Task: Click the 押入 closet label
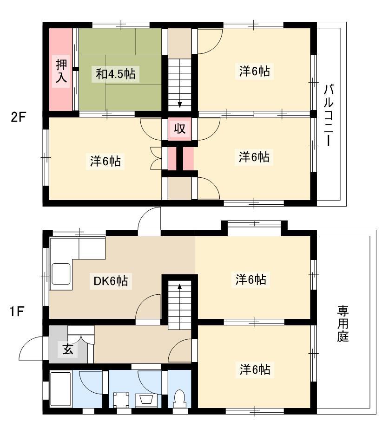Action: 61,71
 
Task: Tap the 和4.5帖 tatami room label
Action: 116,73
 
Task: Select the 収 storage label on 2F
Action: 179,129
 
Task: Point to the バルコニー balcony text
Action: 328,115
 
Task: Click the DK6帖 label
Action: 111,281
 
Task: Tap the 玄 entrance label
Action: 68,350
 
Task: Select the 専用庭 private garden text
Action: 343,324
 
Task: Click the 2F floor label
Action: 18,117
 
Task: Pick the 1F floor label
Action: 17,312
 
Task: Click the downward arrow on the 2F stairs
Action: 179,104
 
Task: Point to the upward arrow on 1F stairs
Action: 179,287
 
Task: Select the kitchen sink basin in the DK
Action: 61,273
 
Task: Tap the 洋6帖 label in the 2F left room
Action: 105,161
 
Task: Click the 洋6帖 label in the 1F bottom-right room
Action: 255,369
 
